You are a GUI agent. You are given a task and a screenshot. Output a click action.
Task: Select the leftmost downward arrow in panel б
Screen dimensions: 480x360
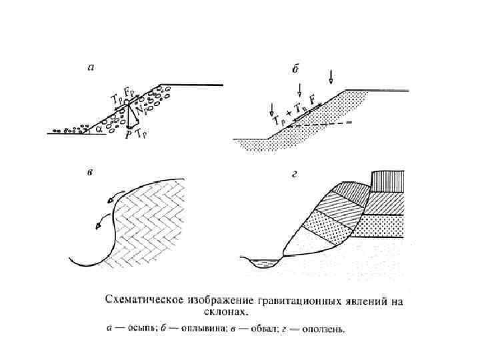(x=271, y=107)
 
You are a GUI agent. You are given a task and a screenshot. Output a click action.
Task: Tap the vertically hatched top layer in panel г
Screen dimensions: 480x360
(x=387, y=180)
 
